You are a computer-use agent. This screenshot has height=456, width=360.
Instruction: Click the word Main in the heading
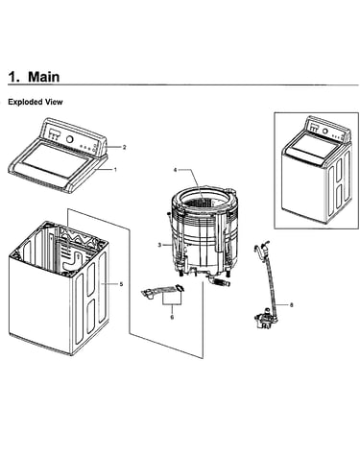44,77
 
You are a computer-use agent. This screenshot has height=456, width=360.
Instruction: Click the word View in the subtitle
54,102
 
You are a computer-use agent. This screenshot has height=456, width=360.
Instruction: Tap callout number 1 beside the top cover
115,170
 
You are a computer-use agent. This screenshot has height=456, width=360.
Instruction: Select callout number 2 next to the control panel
125,147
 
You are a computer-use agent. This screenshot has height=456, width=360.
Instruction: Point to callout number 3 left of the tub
159,245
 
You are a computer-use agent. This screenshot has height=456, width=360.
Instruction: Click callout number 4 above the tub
175,170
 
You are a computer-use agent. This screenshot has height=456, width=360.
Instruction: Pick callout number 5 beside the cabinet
121,284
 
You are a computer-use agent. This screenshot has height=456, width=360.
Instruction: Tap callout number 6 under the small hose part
172,317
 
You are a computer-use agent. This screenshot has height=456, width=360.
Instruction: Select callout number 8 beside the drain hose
291,305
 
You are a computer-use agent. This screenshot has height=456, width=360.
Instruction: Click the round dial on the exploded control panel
69,139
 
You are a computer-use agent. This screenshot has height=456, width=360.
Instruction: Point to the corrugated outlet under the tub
221,283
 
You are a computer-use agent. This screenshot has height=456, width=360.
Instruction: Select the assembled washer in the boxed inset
316,170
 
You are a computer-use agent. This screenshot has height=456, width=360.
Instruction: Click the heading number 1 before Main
12,77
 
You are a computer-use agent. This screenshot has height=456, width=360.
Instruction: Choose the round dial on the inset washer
324,131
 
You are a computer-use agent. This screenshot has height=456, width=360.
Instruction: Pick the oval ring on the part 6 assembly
180,288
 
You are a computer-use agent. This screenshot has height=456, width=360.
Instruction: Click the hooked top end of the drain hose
259,250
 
